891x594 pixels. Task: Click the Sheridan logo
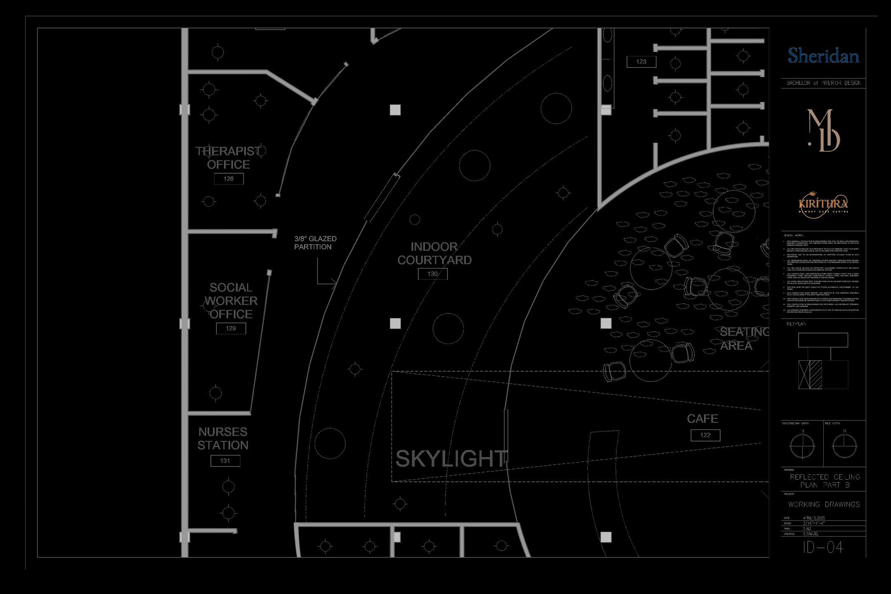click(823, 56)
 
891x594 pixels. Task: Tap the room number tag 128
click(229, 179)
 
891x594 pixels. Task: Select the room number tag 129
click(231, 328)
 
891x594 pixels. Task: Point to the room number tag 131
click(225, 461)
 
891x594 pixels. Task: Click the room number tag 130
click(432, 273)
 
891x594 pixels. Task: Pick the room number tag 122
click(705, 435)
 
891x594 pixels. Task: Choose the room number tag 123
click(641, 61)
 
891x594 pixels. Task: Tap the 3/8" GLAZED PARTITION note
click(316, 243)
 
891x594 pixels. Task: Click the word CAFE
click(702, 419)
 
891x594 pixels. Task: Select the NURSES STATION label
click(223, 438)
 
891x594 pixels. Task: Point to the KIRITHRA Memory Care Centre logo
click(823, 203)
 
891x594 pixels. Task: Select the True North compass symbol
click(844, 446)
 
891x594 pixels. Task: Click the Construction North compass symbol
click(802, 446)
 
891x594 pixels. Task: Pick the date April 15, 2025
click(814, 518)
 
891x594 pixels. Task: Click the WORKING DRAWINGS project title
click(824, 504)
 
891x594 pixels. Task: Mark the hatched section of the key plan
click(816, 375)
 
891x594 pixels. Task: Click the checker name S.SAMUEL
click(811, 534)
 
